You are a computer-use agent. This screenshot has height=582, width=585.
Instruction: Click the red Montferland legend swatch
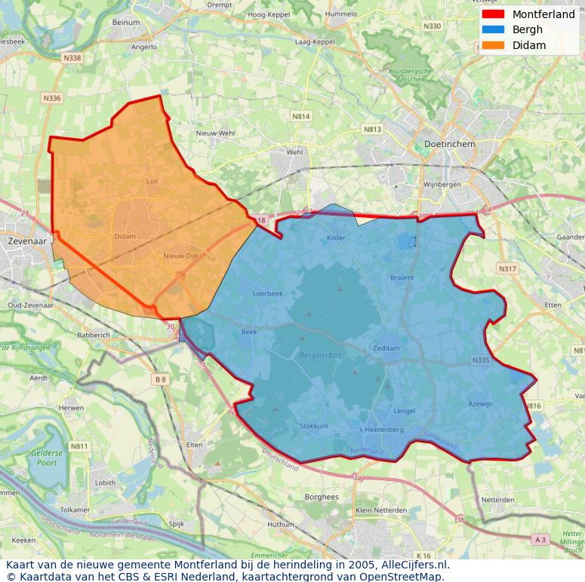[492, 14]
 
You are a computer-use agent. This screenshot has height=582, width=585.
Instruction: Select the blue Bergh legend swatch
[492, 29]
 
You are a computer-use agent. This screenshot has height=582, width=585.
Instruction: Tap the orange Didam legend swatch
[492, 45]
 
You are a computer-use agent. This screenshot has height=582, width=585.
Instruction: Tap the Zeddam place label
[386, 348]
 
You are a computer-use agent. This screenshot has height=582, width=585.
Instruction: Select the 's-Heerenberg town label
[380, 430]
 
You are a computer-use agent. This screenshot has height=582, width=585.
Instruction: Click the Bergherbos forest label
[320, 354]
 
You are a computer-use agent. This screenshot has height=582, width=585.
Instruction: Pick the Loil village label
[152, 182]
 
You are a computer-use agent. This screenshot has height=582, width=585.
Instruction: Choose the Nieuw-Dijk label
[180, 256]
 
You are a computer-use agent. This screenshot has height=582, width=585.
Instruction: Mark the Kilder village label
[336, 238]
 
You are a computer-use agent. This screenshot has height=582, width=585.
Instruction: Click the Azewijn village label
[480, 404]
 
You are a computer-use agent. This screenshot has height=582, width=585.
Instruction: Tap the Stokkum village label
[314, 426]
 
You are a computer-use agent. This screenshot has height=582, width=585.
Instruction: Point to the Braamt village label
[402, 277]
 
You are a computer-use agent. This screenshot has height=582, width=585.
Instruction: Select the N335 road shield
[481, 360]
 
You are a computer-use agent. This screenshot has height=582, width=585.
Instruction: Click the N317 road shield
[507, 268]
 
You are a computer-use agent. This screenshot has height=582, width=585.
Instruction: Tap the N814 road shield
[300, 116]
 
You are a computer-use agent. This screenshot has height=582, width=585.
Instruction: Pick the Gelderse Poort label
[47, 458]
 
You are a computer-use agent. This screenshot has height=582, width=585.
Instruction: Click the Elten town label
[195, 445]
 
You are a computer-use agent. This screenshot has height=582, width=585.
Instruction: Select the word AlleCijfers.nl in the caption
[414, 564]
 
